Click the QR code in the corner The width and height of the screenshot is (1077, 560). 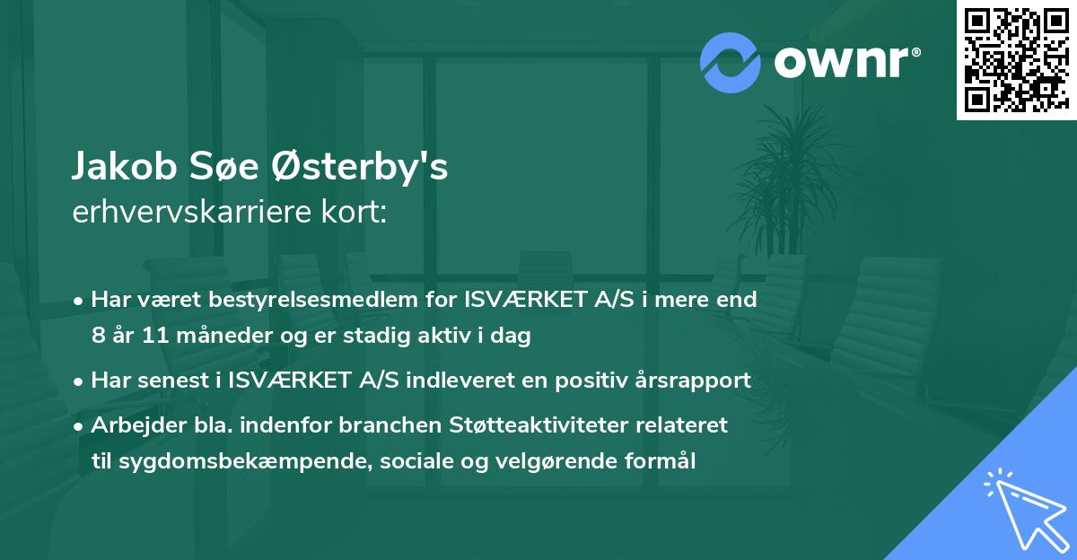[1016, 60]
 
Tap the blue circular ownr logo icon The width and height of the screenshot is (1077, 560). [730, 62]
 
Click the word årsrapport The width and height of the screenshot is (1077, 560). [700, 380]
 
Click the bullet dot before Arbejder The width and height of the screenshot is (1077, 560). [80, 425]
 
